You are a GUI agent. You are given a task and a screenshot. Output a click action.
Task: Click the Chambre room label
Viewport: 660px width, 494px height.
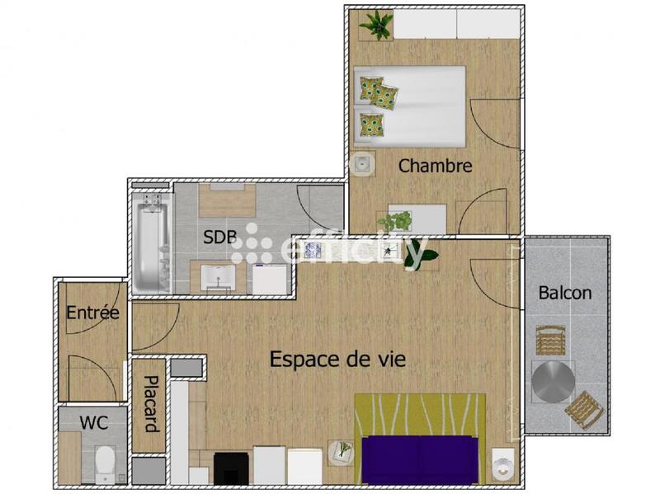[x=435, y=166]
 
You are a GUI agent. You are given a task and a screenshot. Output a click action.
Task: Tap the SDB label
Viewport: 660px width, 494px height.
[x=220, y=238]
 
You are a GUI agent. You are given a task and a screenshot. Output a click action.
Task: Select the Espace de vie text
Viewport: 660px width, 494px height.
[x=338, y=360]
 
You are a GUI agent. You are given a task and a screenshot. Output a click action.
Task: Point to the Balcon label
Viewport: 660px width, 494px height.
[x=565, y=293]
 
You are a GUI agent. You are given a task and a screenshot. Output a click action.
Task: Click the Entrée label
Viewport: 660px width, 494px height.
[x=93, y=313]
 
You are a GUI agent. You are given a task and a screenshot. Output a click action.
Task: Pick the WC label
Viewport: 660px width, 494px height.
[x=93, y=422]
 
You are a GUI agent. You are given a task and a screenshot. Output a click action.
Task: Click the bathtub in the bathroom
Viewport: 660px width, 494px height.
[x=150, y=242]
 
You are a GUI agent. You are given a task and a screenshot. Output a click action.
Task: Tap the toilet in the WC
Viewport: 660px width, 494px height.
[x=106, y=464]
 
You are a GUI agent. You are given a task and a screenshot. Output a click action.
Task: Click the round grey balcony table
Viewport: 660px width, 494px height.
[x=553, y=382]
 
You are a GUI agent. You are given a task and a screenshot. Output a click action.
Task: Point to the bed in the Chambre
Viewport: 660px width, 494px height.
[x=410, y=106]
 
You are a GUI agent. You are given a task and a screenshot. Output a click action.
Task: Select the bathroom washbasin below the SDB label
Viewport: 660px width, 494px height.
[x=219, y=277]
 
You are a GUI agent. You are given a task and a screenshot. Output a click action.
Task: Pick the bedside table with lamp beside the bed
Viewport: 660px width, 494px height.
[x=362, y=162]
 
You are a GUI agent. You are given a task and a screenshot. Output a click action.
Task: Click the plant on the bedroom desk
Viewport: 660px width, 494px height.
[x=395, y=221]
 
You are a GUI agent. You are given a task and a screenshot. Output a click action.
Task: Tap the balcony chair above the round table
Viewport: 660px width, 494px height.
[x=550, y=340]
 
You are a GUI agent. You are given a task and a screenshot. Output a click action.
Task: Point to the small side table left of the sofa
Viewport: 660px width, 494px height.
[x=341, y=451]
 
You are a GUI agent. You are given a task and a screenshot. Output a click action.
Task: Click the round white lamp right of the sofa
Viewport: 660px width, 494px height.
[x=502, y=464]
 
